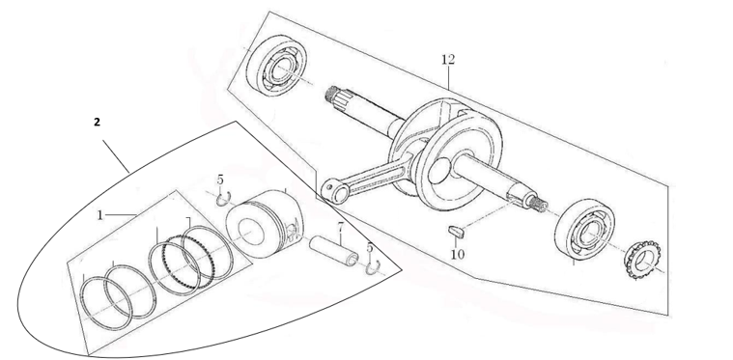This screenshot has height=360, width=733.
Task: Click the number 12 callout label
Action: point(447,60)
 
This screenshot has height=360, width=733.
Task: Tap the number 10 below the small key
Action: point(457,255)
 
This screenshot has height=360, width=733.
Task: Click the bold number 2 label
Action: point(96,123)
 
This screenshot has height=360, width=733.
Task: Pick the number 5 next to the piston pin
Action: point(369,248)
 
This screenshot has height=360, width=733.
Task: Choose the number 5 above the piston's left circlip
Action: point(219,180)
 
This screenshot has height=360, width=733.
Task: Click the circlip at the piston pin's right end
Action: point(372,265)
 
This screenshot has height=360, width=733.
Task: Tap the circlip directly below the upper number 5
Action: point(221,199)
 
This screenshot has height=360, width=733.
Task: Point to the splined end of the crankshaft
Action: point(337,95)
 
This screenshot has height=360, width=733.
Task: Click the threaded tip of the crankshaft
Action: point(538,204)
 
